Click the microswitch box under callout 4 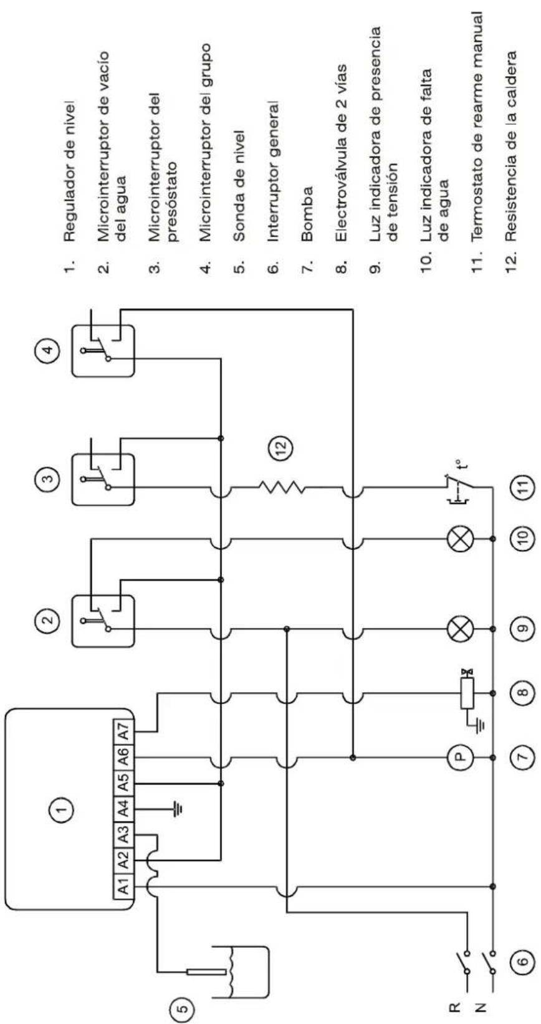click(103, 350)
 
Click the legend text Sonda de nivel click(241, 185)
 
